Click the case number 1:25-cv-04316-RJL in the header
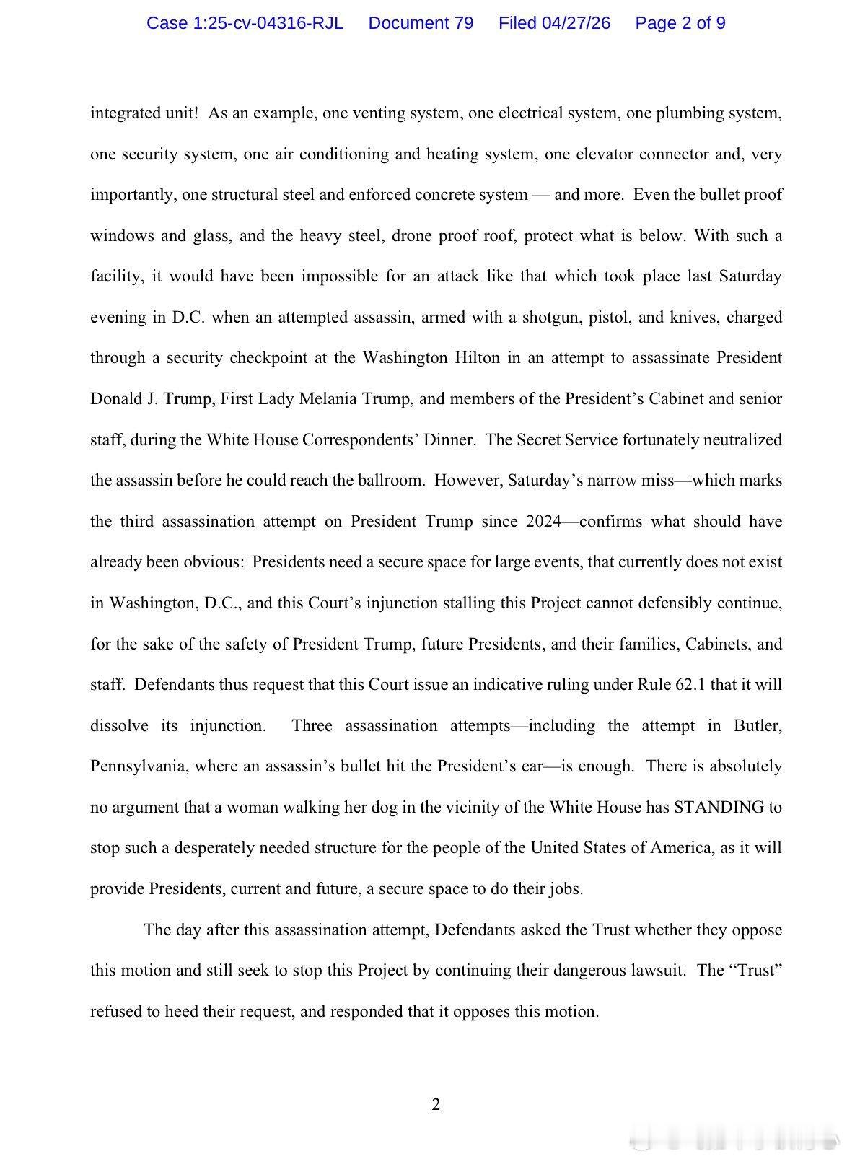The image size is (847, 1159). [x=245, y=23]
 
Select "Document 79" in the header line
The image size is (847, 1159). [x=421, y=23]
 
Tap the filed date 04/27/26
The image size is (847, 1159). [x=554, y=23]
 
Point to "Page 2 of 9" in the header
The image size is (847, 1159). [x=680, y=23]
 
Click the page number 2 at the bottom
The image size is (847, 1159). [x=436, y=1104]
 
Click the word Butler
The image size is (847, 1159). [x=758, y=725]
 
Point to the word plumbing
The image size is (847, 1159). [x=692, y=113]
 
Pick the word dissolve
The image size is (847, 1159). [x=120, y=725]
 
